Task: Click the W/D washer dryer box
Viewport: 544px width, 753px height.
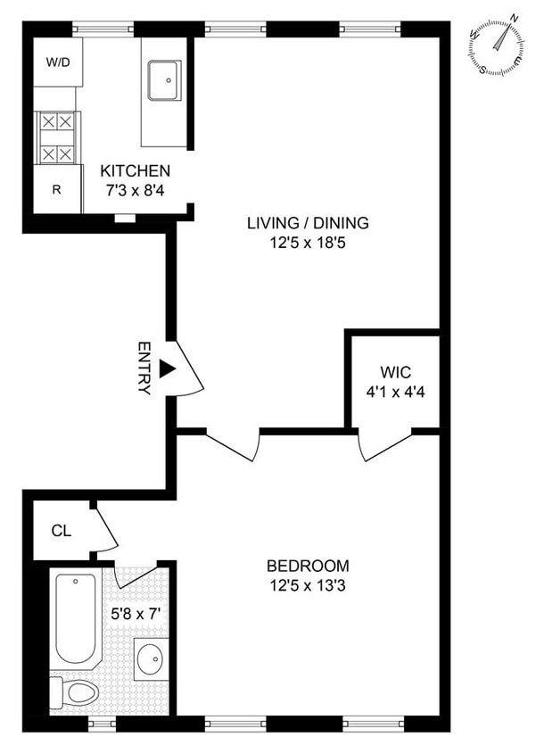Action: pyautogui.click(x=58, y=62)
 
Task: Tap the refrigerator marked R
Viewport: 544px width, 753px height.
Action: pyautogui.click(x=57, y=190)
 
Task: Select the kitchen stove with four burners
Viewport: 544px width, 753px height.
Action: pyautogui.click(x=57, y=137)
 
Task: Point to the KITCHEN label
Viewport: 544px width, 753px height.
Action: pyautogui.click(x=135, y=170)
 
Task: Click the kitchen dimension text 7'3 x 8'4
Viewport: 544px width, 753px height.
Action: pyautogui.click(x=135, y=189)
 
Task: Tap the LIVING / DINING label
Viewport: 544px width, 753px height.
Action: pyautogui.click(x=308, y=223)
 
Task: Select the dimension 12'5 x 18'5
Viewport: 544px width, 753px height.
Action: pyautogui.click(x=308, y=242)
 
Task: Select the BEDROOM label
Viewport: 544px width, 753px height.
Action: pyautogui.click(x=308, y=566)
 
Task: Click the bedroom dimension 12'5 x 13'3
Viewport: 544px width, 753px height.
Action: pyautogui.click(x=308, y=584)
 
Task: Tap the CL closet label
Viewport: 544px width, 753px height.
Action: pyautogui.click(x=61, y=532)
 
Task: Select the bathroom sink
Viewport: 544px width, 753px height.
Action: pyautogui.click(x=150, y=661)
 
